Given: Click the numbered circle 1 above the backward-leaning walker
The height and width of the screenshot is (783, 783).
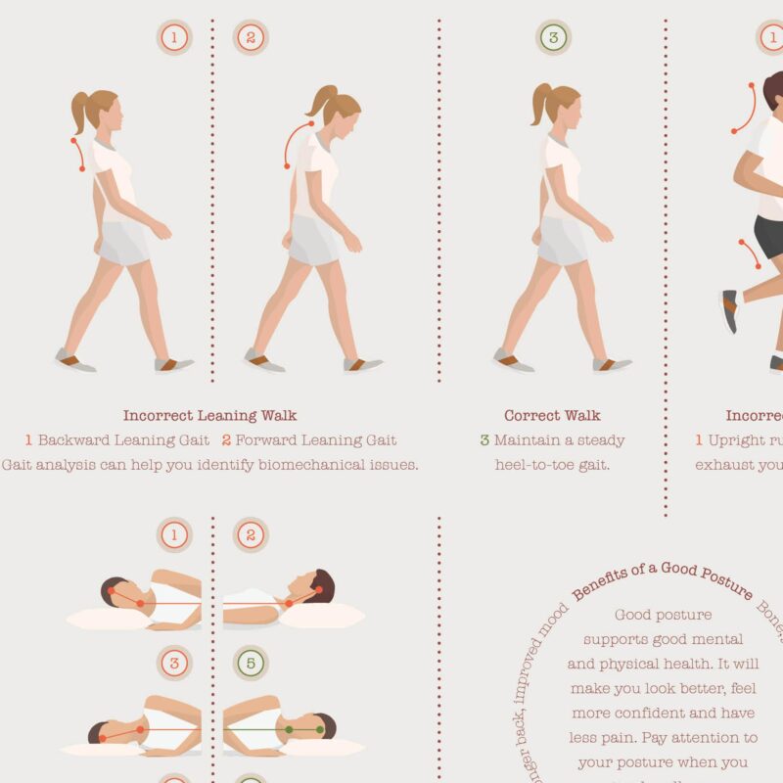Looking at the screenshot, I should click(x=174, y=38).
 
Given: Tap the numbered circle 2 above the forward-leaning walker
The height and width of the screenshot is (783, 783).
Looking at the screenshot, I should click(x=251, y=38).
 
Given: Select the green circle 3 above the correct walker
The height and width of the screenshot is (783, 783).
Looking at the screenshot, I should click(x=553, y=38).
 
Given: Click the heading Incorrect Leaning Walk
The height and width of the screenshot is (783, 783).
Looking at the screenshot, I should click(x=209, y=415).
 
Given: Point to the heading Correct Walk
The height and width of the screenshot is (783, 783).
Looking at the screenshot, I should click(x=552, y=415).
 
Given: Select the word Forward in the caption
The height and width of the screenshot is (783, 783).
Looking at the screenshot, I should click(x=270, y=440).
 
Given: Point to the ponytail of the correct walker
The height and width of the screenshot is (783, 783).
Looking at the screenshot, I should click(x=539, y=106).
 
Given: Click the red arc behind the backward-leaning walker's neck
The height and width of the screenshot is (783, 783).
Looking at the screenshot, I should click(x=75, y=154).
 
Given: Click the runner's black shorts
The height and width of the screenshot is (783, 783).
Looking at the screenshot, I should click(x=769, y=236).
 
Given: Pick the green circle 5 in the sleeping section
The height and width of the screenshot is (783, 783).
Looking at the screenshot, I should click(x=251, y=664).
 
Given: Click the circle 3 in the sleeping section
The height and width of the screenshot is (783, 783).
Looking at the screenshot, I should click(x=174, y=664).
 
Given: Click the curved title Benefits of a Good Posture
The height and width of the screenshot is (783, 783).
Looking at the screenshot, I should click(x=663, y=577).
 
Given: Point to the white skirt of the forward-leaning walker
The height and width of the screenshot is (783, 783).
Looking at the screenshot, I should click(x=313, y=240).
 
